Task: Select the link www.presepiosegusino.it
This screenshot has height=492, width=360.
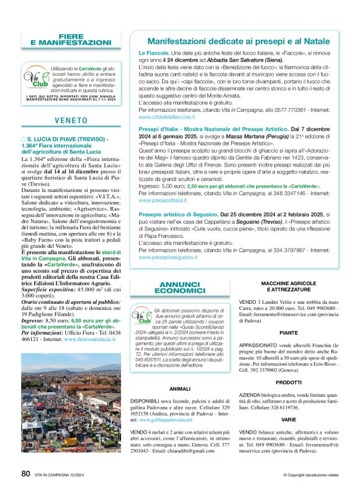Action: [168, 256]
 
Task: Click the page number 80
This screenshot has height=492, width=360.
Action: [25, 473]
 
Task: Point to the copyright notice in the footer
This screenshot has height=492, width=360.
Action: [310, 475]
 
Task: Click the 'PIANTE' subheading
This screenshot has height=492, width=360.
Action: [288, 332]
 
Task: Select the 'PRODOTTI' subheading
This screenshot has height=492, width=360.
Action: [288, 383]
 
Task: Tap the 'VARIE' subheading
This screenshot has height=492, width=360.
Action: [288, 419]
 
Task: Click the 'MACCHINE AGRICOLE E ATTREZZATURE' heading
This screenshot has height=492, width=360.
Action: [288, 286]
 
